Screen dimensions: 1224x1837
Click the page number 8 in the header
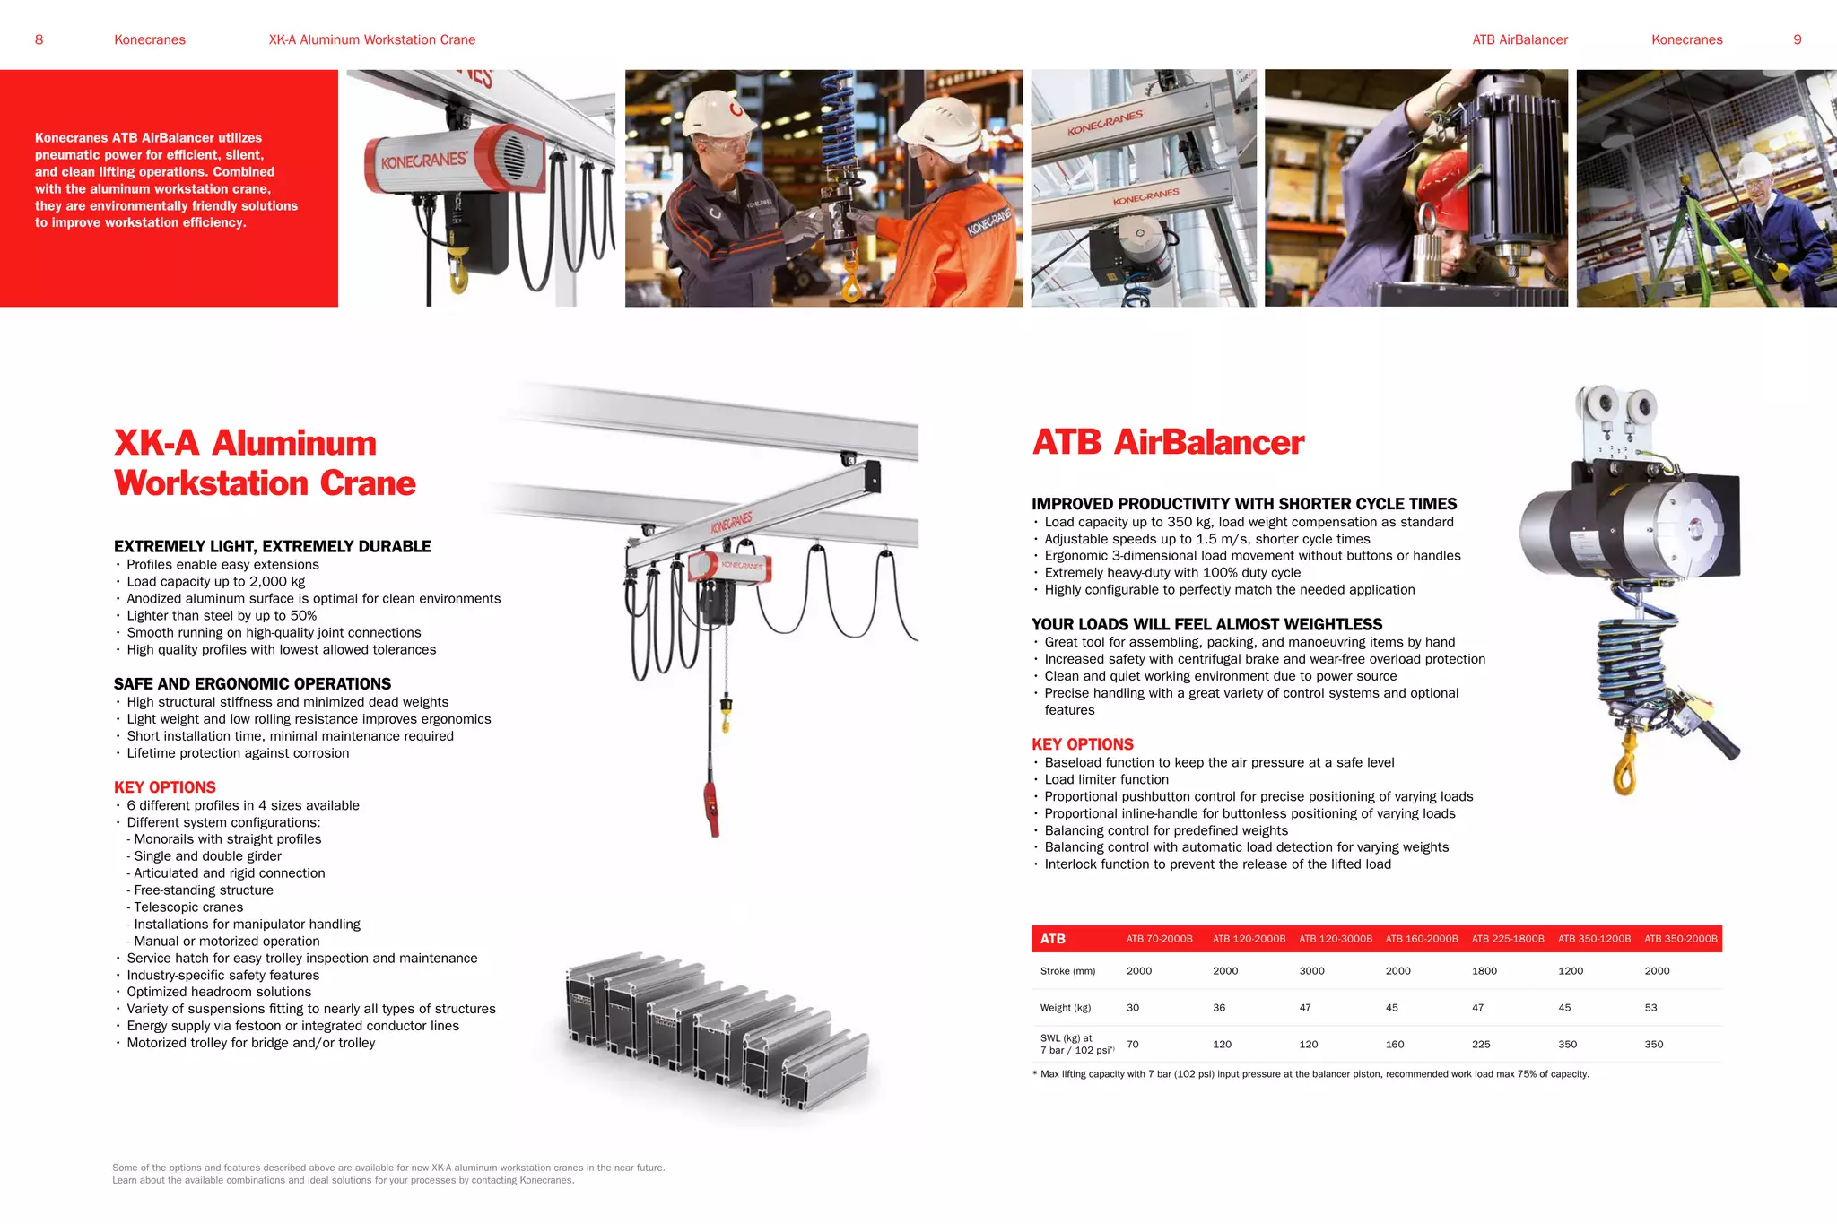point(39,39)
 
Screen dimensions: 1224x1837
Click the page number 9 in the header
point(1797,39)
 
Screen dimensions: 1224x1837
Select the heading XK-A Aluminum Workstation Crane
point(265,463)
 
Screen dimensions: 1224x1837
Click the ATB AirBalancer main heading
point(1168,442)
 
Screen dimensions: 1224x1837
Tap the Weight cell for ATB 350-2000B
point(1650,1008)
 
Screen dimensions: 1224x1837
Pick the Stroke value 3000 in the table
point(1311,971)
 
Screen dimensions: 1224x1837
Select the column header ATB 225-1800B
point(1508,939)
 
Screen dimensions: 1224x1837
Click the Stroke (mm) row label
point(1067,971)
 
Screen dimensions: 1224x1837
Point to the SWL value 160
point(1395,1045)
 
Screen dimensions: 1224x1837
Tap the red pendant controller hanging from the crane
point(712,807)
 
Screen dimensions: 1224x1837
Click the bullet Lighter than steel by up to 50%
point(222,616)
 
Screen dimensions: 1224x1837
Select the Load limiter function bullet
point(1106,780)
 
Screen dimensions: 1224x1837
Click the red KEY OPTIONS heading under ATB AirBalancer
point(1082,744)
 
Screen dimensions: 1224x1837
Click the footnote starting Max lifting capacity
point(1314,1074)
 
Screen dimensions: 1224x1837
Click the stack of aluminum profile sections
point(718,1031)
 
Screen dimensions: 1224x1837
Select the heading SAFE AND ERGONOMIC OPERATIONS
point(252,684)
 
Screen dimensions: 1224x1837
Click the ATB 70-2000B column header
point(1159,939)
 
